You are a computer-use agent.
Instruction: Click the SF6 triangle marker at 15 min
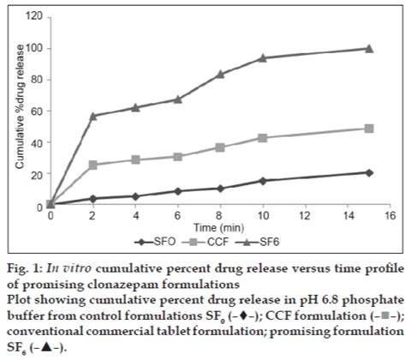(x=369, y=49)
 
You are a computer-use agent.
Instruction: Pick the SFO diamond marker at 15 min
(x=369, y=172)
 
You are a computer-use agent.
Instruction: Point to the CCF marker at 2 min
(x=93, y=165)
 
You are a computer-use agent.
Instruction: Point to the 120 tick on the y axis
(x=34, y=16)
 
